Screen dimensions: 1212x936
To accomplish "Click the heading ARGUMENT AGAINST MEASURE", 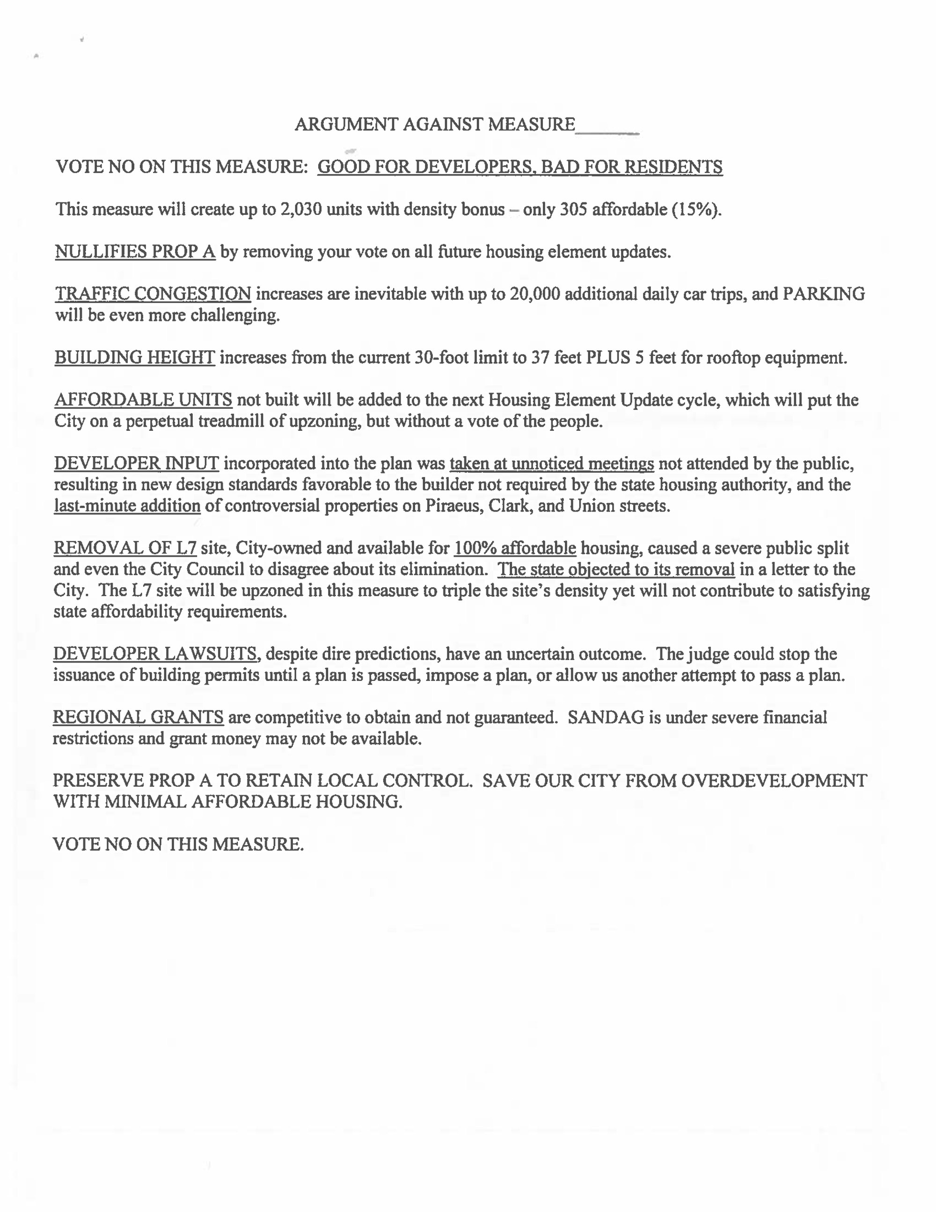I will tap(434, 124).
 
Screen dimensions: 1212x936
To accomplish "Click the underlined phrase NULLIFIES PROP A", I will tap(135, 252).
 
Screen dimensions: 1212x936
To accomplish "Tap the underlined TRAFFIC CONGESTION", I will tap(153, 294).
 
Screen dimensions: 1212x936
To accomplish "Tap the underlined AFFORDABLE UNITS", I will tap(143, 400).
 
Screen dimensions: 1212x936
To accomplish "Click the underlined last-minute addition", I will tap(127, 506).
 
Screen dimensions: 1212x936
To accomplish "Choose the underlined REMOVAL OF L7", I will tap(125, 549).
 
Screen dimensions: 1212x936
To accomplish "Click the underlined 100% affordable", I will tap(515, 549).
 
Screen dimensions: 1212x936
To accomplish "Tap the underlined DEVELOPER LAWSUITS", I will tap(155, 654).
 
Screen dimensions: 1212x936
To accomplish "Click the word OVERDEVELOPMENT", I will tap(774, 781).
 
